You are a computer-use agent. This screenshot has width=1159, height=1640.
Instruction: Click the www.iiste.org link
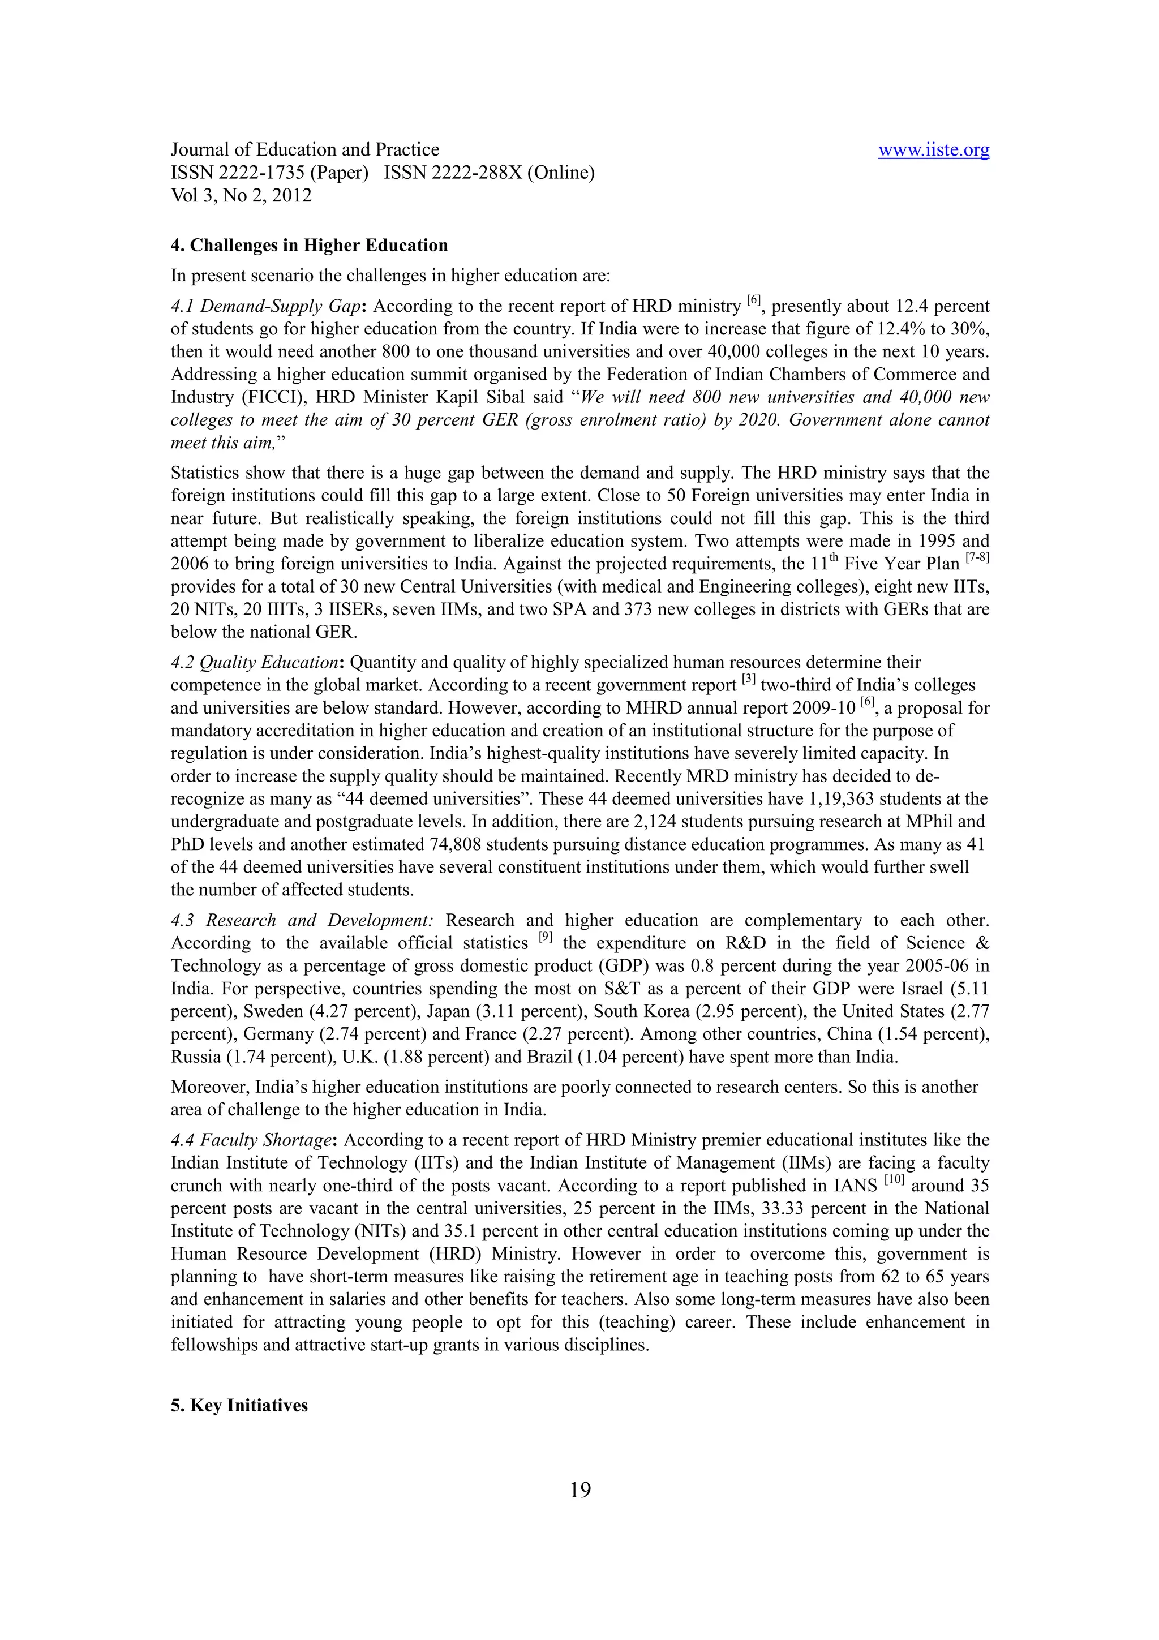933,150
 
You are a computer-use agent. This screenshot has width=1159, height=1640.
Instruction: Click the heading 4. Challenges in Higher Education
309,245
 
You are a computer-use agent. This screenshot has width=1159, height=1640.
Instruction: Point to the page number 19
580,1490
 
